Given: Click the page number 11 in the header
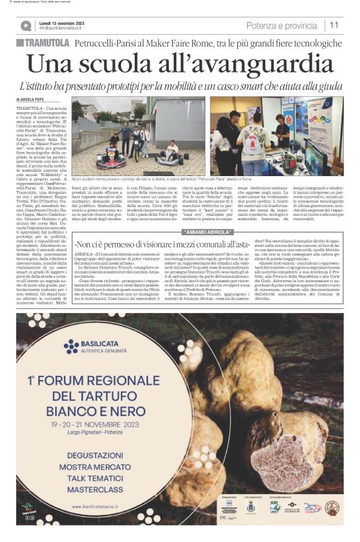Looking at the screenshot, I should click(334, 25).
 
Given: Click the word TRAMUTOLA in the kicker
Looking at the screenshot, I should click(47, 43).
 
